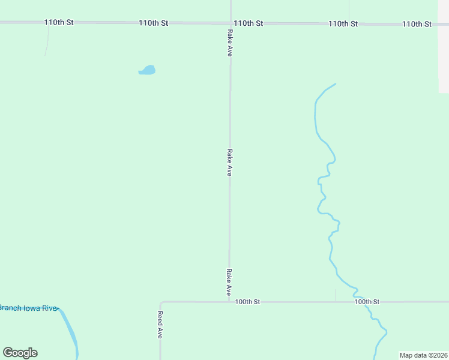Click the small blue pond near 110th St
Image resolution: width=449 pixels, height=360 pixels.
(147, 70)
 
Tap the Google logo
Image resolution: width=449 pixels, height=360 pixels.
(20, 353)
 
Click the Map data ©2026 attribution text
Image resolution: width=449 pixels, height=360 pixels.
(424, 355)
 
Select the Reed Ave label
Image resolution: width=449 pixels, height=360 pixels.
(160, 325)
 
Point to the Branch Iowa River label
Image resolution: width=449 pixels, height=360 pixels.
(29, 308)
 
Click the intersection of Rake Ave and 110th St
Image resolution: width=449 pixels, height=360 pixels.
(231, 23)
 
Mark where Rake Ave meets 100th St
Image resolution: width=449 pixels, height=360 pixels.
(229, 302)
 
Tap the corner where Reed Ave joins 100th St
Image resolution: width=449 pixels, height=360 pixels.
(161, 303)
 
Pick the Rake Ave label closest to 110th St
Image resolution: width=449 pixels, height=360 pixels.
(230, 43)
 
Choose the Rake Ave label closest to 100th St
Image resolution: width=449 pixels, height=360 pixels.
(229, 282)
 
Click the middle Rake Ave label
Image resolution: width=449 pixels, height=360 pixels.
(229, 163)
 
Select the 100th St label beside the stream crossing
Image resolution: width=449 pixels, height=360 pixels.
(367, 302)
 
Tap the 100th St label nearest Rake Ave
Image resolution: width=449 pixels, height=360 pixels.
(247, 302)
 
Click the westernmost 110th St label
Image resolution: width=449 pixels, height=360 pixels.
(59, 22)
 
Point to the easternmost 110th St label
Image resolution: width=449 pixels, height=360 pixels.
(417, 24)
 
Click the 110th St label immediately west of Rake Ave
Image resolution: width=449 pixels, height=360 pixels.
(153, 23)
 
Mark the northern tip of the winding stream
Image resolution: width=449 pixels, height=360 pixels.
(335, 84)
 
